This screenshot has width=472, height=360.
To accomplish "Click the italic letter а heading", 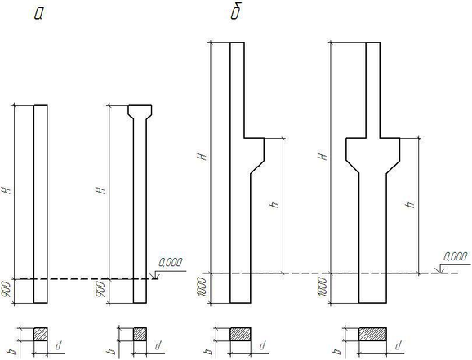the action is point(39,14).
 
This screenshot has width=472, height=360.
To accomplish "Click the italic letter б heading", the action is point(236,12).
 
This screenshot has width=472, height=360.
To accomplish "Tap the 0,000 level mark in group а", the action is point(171,263).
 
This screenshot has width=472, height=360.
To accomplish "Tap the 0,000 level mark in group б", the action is point(456,256).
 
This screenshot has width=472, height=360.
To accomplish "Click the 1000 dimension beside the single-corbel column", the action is point(204,287).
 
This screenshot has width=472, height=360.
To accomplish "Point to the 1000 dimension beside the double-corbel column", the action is point(323,287).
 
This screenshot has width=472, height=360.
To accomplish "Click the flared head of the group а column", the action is point(140,112).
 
